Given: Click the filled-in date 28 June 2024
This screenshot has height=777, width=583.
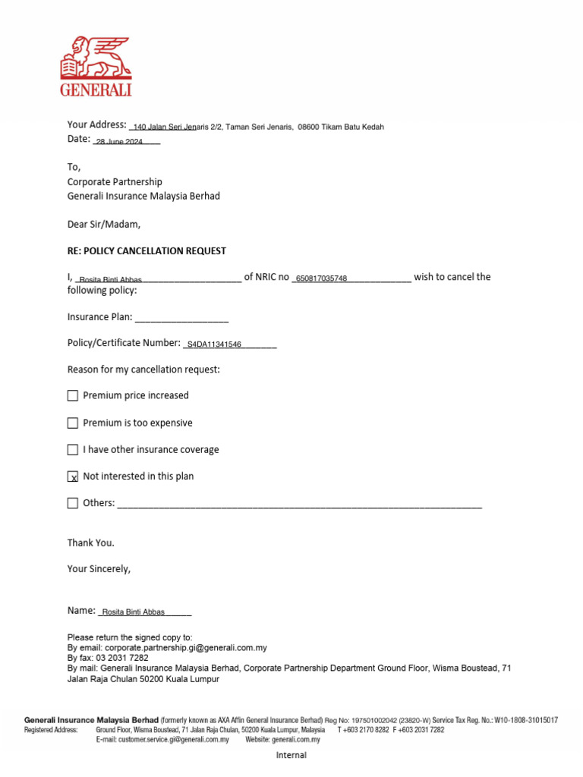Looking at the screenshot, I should coord(119,142).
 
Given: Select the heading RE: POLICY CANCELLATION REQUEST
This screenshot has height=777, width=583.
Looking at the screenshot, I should coord(147,251).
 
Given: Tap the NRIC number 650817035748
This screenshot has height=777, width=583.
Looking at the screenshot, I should coord(321,278).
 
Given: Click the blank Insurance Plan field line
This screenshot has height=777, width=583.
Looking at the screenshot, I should coord(181,318).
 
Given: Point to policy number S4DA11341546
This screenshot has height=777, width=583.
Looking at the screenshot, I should coord(213,344).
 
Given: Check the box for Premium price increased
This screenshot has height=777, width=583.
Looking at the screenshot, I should coord(73,396).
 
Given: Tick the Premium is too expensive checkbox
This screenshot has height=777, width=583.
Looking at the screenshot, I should coord(73,423).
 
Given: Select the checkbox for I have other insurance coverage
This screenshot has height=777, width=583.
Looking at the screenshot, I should coord(73,450).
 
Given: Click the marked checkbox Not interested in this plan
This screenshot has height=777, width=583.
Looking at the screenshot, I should coord(73,477).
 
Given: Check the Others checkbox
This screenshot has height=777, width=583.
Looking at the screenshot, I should coord(73,503).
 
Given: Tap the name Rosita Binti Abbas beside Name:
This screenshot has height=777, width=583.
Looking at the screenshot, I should coord(133,612).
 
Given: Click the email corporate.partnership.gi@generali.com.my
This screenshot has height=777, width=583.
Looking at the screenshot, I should coord(186,648).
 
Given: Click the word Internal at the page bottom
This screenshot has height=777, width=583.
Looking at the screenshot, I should coord(291,755).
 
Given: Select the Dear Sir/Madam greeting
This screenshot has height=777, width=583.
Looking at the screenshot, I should coord(104,225).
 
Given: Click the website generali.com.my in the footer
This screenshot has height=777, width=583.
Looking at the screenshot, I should coord(295,739).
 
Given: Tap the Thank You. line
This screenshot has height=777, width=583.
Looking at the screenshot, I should coord(91,543).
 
